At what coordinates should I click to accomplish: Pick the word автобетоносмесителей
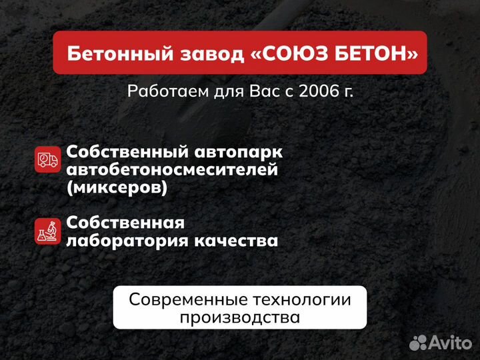172,170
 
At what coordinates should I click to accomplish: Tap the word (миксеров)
117,188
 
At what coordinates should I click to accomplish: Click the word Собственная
125,222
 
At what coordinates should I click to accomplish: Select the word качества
237,240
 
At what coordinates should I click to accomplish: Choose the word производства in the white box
239,317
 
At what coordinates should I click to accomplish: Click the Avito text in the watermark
449,343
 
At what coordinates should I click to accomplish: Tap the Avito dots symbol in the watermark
418,343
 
